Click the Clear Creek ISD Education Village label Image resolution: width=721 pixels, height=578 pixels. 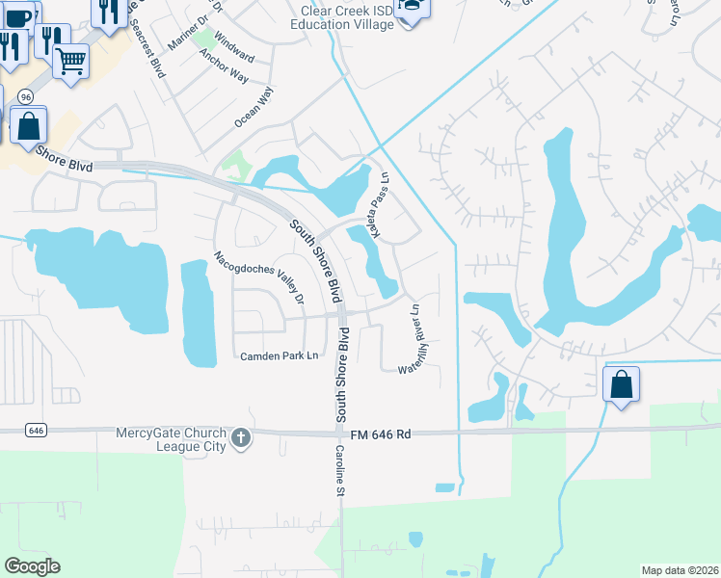click(347, 17)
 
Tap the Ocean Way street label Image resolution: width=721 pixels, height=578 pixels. click(254, 108)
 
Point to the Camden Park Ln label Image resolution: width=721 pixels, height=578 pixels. click(280, 356)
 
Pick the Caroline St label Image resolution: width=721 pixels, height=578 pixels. click(340, 471)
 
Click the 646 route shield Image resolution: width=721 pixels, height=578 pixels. click(36, 430)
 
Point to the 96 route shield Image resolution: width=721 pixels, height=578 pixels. click(25, 96)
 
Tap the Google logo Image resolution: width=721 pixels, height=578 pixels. click(32, 566)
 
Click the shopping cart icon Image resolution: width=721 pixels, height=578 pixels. click(71, 61)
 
